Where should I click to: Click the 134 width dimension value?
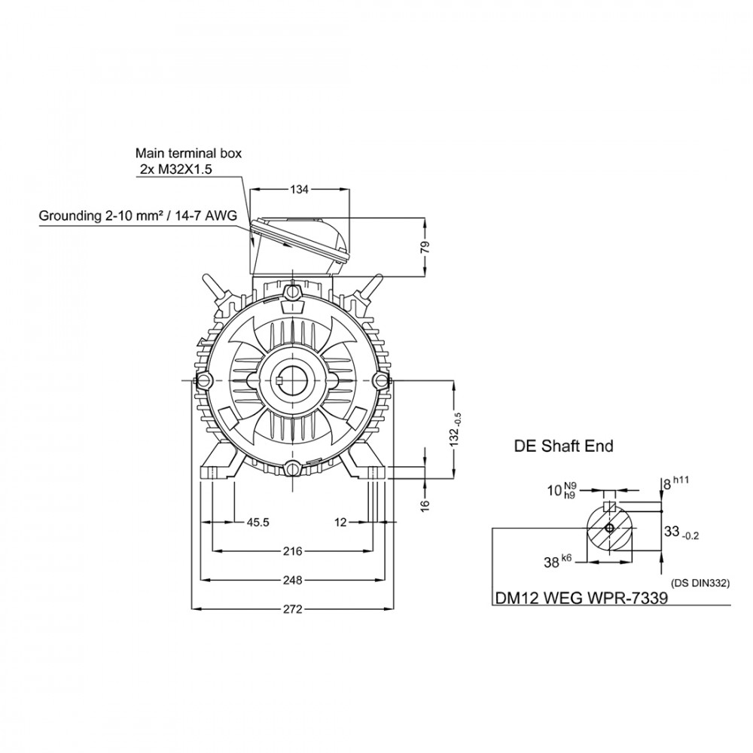[299, 190]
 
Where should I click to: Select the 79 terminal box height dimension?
[425, 248]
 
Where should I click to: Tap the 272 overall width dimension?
[292, 609]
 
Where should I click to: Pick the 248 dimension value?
[292, 580]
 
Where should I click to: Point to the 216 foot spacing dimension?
[292, 551]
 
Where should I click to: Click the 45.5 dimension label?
[258, 522]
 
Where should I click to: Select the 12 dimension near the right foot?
[340, 522]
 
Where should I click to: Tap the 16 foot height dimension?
[425, 505]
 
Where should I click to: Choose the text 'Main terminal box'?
[188, 153]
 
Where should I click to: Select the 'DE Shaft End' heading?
[564, 446]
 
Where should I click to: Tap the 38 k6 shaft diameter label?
[557, 561]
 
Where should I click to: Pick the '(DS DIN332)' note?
[700, 584]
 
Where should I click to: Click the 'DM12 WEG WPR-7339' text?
[581, 598]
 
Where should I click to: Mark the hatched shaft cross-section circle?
[609, 529]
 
